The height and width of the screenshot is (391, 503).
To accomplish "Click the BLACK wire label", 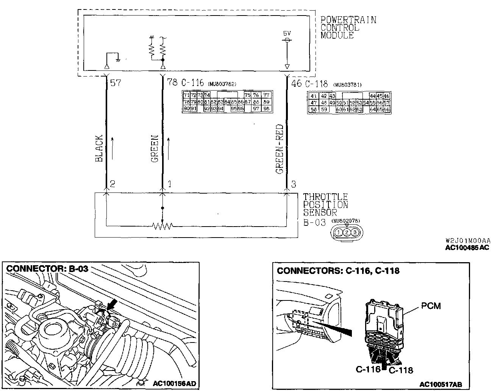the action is tap(99, 148).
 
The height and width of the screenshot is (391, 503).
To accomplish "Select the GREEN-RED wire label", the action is tap(280, 149).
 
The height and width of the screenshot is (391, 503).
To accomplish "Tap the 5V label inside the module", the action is tap(287, 33).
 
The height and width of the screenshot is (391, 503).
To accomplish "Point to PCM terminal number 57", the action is tap(116, 82).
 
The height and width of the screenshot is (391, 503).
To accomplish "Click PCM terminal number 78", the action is tap(172, 82).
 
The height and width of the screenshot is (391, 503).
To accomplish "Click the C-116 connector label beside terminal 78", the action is tap(193, 83).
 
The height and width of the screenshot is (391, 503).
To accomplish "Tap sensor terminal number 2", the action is tap(112, 184).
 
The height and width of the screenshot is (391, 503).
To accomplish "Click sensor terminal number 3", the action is tap(294, 185).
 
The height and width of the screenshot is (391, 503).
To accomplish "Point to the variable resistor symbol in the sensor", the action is tap(162, 226).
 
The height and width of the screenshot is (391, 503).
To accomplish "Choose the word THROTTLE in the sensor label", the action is tap(325, 197).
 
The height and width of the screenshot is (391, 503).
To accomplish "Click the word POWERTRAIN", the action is tap(348, 20).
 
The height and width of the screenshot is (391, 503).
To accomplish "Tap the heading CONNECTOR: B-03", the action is tap(47, 269).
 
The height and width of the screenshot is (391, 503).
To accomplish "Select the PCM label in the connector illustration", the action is tap(431, 305).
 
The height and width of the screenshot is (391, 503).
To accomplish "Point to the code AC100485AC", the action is tap(467, 248).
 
